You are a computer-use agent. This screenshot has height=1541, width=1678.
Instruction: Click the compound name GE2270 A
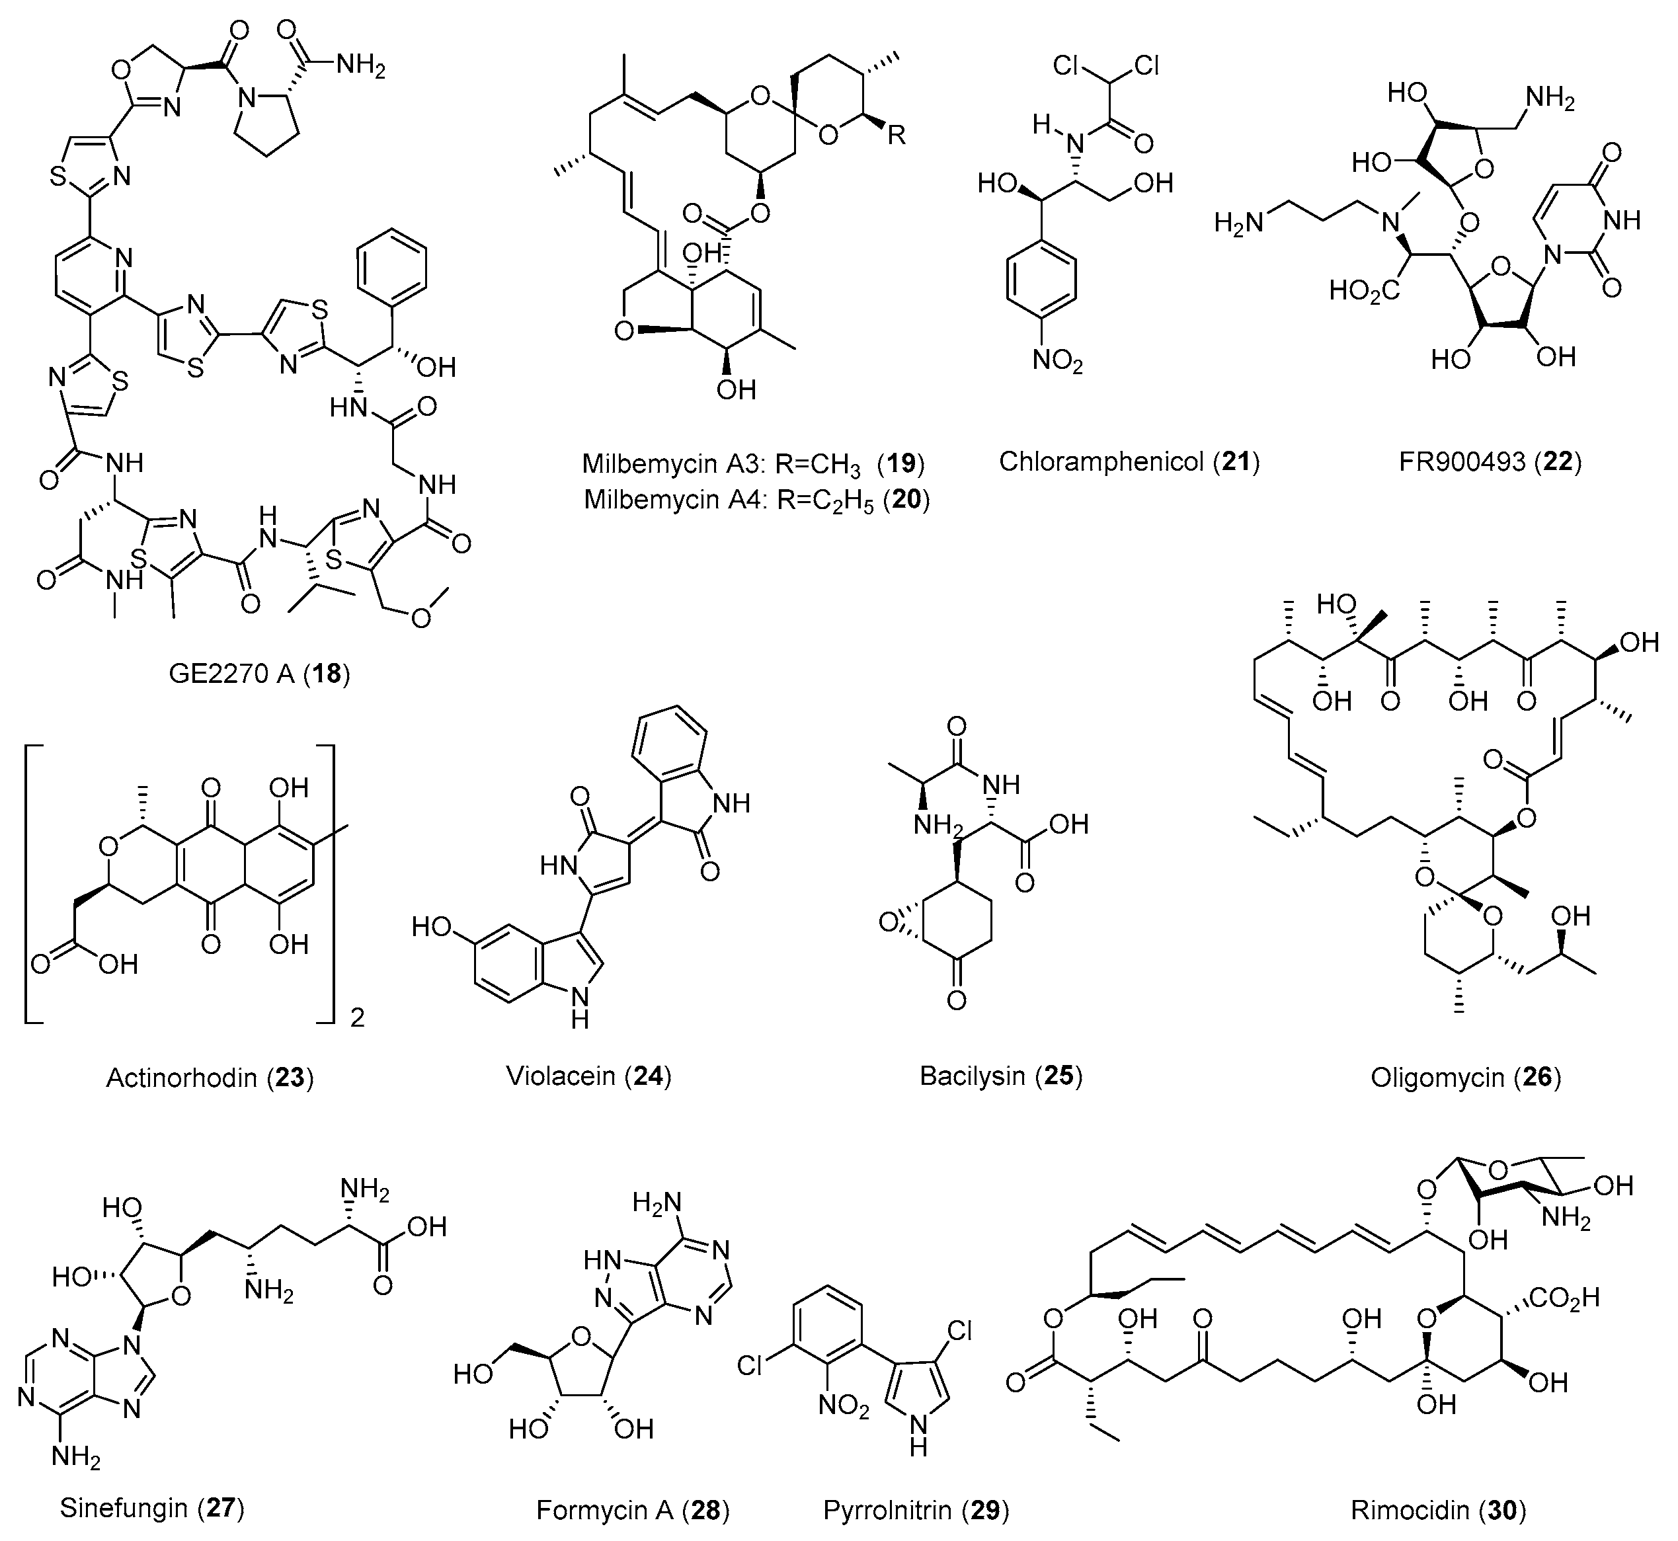[x=259, y=673]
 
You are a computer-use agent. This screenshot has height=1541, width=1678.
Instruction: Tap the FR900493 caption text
[x=1490, y=461]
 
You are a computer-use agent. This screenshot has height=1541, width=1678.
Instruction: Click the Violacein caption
[x=588, y=1076]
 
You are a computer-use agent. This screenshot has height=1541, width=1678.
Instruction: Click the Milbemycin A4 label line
[x=756, y=500]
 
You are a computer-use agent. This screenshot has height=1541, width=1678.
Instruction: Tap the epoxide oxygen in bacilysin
[x=888, y=923]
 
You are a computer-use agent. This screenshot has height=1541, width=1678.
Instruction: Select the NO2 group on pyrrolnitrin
[x=843, y=1407]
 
